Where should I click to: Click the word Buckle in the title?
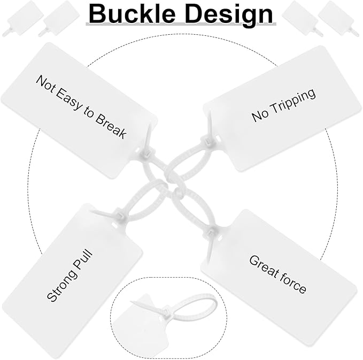pos(132,13)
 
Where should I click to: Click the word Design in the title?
pos(229,14)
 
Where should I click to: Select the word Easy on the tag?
pos(68,98)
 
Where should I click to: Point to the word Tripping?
pos(292,102)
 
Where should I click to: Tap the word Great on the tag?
pos(264,266)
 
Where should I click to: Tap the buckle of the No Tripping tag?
pos(207,141)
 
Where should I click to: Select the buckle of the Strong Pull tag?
pos(120,216)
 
